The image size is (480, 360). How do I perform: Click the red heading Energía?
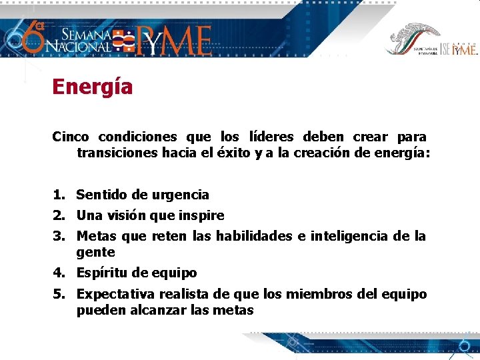click(93, 87)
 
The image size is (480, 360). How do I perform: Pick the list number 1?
click(59, 195)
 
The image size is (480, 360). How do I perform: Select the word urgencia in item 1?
click(180, 195)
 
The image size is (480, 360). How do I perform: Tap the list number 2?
click(59, 215)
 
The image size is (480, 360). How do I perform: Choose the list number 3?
click(59, 236)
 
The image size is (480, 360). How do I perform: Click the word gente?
click(96, 253)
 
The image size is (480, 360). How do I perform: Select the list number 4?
click(59, 273)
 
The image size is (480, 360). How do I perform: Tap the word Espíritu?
click(101, 273)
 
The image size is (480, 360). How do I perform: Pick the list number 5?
click(59, 294)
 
